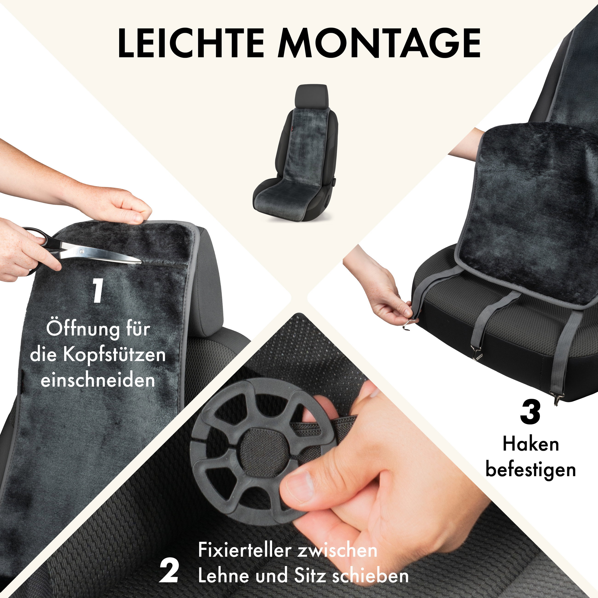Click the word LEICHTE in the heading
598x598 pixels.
pyautogui.click(x=191, y=43)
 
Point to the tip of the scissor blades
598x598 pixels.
pyautogui.click(x=141, y=262)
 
